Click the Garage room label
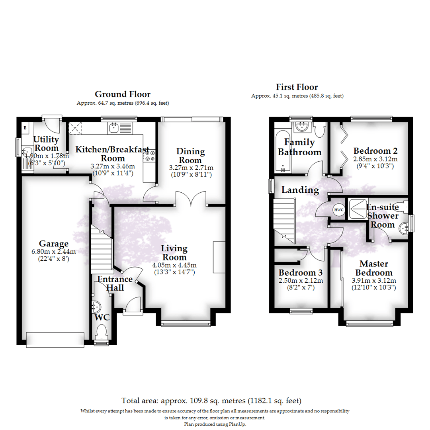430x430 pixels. pyautogui.click(x=53, y=244)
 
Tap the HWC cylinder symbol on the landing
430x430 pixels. pyautogui.click(x=338, y=210)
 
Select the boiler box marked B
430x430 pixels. pyautogui.click(x=25, y=128)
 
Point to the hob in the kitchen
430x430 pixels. pyautogui.click(x=150, y=156)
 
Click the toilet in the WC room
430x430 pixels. pyautogui.click(x=102, y=332)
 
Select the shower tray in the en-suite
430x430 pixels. pyautogui.click(x=357, y=208)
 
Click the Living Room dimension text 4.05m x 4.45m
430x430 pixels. pyautogui.click(x=174, y=265)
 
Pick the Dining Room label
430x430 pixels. pyautogui.click(x=190, y=156)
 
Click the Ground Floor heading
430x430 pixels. pyautogui.click(x=122, y=94)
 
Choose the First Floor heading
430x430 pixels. pyautogui.click(x=297, y=87)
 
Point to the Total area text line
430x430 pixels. pyautogui.click(x=211, y=400)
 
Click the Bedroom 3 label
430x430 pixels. pyautogui.click(x=300, y=273)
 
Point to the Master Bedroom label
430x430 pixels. pyautogui.click(x=374, y=268)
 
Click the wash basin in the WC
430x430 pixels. pyautogui.click(x=96, y=307)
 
